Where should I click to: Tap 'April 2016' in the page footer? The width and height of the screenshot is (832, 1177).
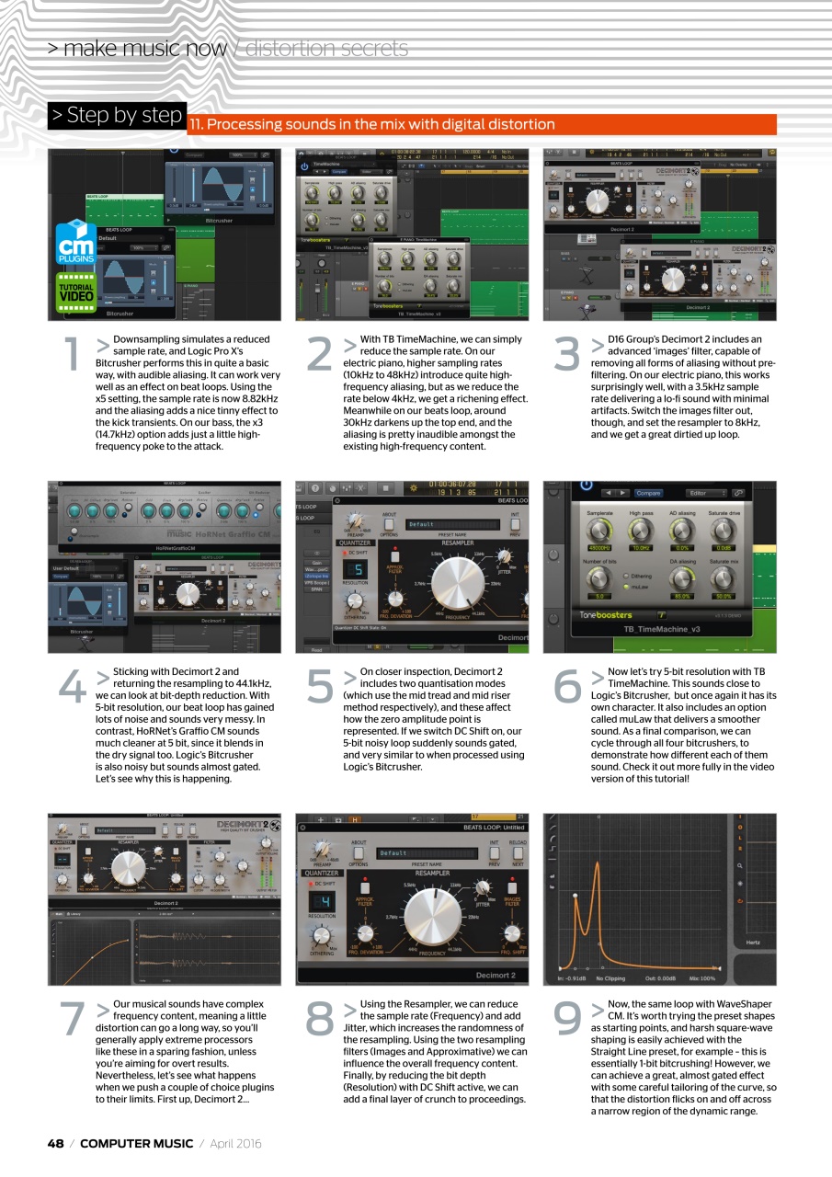236,1143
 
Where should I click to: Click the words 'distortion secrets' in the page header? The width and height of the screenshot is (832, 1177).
327,49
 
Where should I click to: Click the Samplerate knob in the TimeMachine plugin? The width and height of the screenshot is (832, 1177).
600,531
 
